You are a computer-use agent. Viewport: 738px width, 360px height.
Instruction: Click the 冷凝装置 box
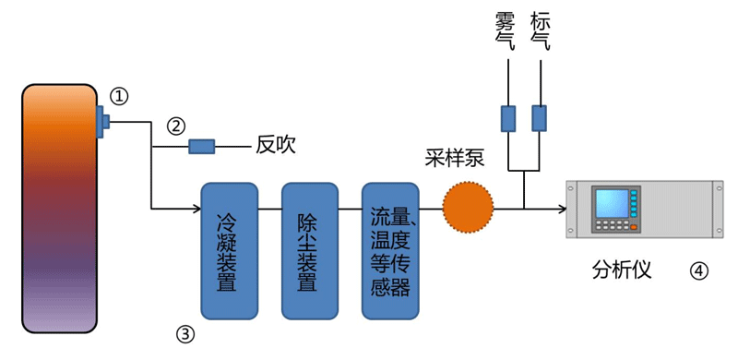226,249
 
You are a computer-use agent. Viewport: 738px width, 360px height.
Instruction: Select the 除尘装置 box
308,249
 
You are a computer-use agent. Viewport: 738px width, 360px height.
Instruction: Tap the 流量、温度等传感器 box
389,249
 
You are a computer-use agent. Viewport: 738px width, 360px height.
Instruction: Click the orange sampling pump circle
469,208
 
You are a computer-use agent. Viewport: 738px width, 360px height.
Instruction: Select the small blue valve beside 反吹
202,146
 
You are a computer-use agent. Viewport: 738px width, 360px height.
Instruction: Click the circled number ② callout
175,126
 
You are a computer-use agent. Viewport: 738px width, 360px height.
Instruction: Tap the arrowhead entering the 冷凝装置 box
196,209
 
